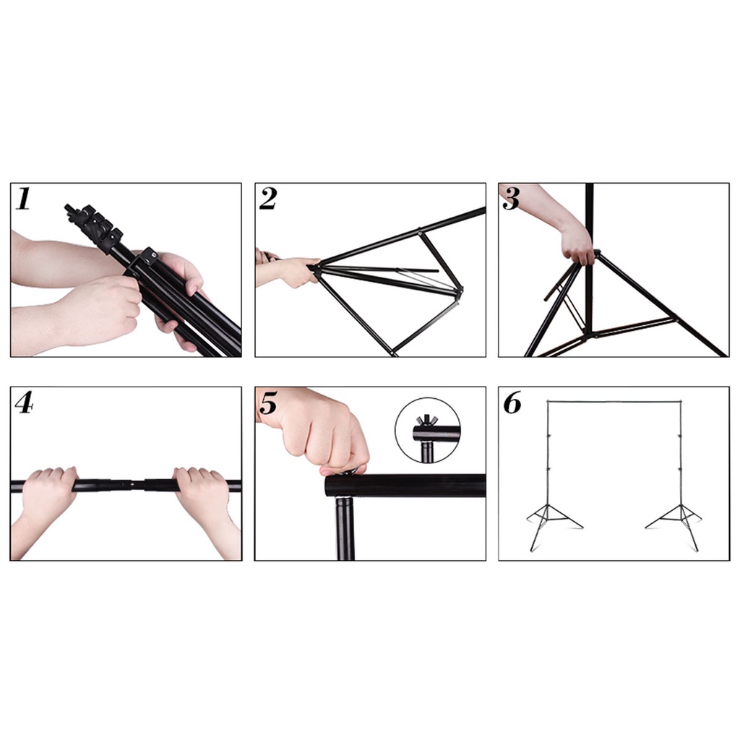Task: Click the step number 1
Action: pos(22,198)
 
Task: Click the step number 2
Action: pos(267,198)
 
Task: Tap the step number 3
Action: pos(511,198)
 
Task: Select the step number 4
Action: pos(24,403)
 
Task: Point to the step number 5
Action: pos(268,403)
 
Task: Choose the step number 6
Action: pos(512,403)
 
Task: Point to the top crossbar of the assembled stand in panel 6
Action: pos(614,402)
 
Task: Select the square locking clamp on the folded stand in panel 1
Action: pos(149,258)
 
